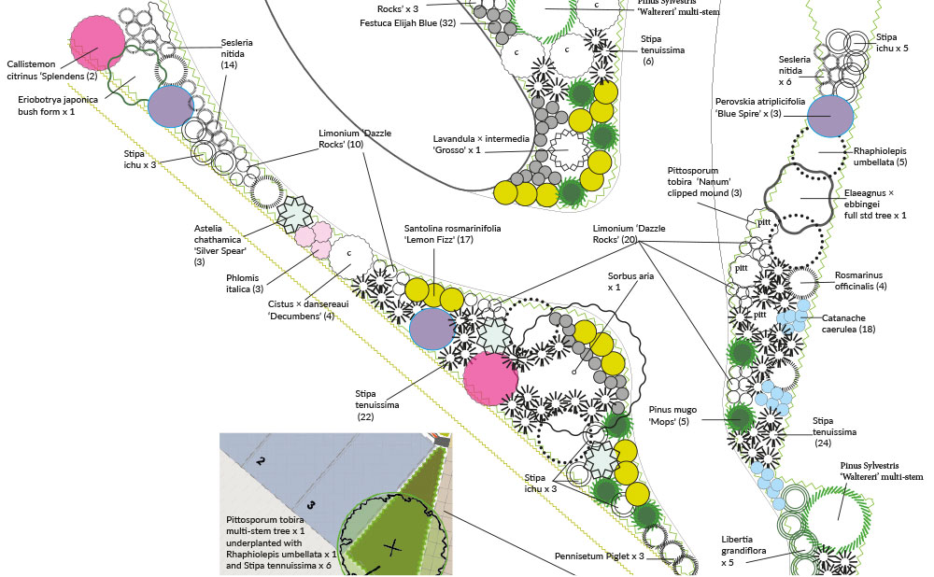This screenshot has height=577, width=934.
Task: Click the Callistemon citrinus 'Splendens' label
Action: pos(51,70)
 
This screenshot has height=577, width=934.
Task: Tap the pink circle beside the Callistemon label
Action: pos(98,43)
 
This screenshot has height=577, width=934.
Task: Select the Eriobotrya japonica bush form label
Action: pos(58,106)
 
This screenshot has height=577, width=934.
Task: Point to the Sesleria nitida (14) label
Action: pos(236,53)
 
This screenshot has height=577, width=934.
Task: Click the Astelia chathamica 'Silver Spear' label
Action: pos(220,245)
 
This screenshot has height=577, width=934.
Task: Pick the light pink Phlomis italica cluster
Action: pos(313,239)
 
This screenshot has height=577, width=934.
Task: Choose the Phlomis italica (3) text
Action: pos(244,284)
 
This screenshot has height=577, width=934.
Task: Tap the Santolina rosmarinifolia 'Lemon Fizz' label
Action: pos(452,234)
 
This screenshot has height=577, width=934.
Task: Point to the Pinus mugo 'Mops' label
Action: pos(672,415)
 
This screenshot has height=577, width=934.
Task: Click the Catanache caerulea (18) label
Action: pos(848,323)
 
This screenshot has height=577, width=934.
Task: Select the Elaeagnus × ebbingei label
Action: pos(875,204)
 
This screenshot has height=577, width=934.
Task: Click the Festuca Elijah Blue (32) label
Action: pos(407,23)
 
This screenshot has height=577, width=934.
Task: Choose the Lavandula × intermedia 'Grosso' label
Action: pos(481,144)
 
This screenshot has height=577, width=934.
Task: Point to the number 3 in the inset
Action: pos(310,505)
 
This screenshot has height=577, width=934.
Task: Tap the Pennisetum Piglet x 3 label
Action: pos(600,556)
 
